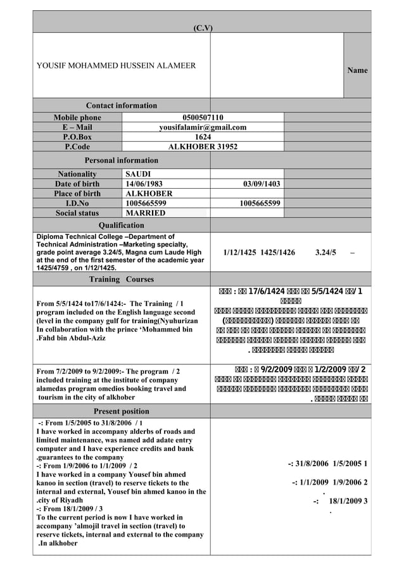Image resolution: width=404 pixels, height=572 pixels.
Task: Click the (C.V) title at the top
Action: (203, 27)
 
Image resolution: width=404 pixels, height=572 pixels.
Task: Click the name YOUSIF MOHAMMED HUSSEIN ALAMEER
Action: (116, 65)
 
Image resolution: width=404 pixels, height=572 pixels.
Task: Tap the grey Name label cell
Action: (357, 70)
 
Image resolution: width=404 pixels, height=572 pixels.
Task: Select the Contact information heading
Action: (121, 105)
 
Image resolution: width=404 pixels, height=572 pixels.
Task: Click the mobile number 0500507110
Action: (202, 117)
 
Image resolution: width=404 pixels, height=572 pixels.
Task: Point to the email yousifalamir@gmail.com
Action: (202, 127)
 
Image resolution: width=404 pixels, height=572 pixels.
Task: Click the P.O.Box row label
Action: (77, 137)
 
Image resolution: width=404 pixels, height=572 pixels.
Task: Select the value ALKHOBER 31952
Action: (202, 147)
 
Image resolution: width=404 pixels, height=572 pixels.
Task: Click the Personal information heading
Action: (121, 160)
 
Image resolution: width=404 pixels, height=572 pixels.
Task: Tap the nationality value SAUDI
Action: (138, 174)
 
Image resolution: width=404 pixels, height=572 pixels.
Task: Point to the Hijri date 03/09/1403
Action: (262, 184)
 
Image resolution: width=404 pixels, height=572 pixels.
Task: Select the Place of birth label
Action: (77, 193)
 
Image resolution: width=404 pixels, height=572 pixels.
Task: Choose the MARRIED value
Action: (146, 213)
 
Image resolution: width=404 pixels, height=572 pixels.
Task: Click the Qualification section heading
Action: (121, 225)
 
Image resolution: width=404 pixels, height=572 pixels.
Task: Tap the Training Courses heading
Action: (121, 279)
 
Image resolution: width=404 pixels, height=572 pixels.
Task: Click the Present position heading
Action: (121, 411)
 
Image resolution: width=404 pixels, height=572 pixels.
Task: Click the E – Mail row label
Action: (77, 127)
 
